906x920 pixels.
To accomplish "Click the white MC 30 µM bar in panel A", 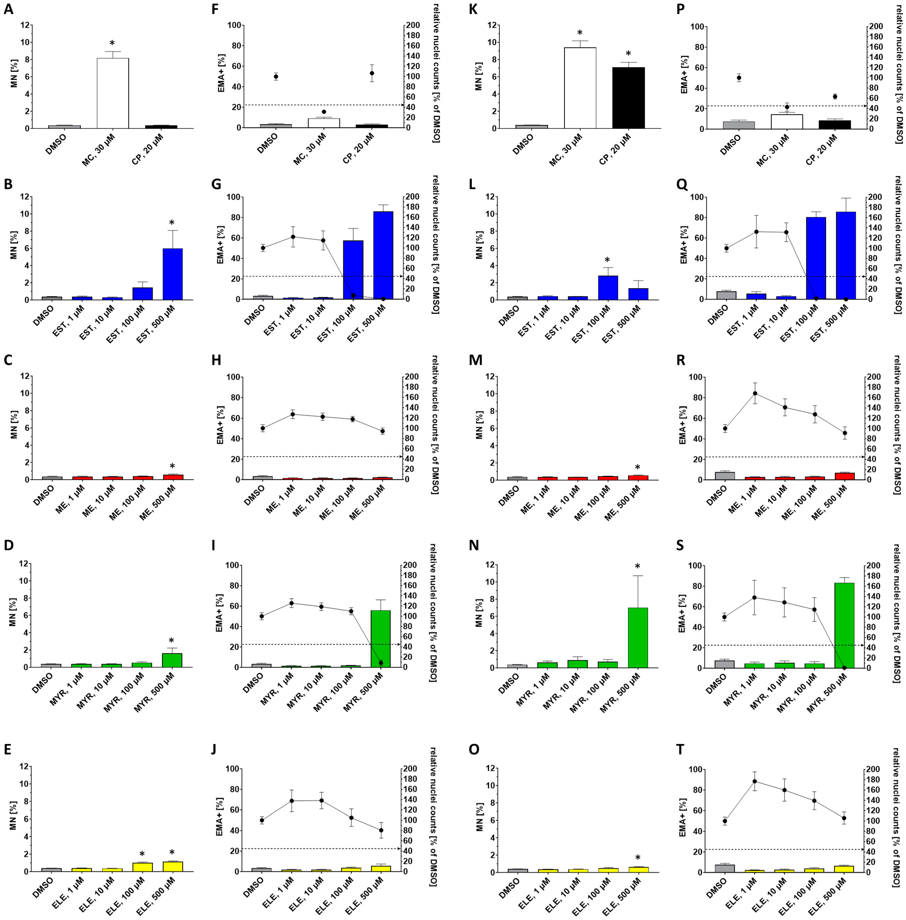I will [x=113, y=93].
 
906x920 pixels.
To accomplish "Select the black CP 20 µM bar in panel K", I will [x=628, y=98].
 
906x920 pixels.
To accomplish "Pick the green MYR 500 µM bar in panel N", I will [x=638, y=637].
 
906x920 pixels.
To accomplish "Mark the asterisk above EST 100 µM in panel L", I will [x=607, y=260].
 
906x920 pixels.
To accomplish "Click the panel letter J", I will [x=214, y=749].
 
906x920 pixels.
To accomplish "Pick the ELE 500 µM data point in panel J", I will [x=381, y=830].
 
